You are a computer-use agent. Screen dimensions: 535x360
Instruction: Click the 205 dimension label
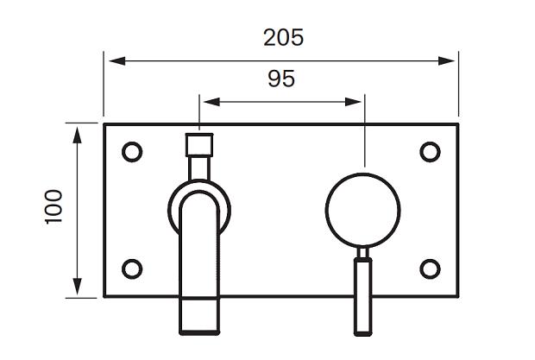(x=283, y=37)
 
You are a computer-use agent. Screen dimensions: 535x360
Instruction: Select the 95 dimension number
(x=281, y=79)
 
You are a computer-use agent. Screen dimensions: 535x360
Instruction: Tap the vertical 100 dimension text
(x=53, y=207)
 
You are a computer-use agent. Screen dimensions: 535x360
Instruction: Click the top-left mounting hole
(x=132, y=152)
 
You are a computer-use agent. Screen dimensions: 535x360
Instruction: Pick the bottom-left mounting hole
(x=132, y=268)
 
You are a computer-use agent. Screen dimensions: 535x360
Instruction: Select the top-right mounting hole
(x=430, y=152)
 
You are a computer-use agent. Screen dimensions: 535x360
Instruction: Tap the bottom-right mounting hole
(x=430, y=268)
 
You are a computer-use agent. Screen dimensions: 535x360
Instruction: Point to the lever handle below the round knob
(x=363, y=296)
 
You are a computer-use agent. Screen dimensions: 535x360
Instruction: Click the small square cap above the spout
(x=199, y=145)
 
